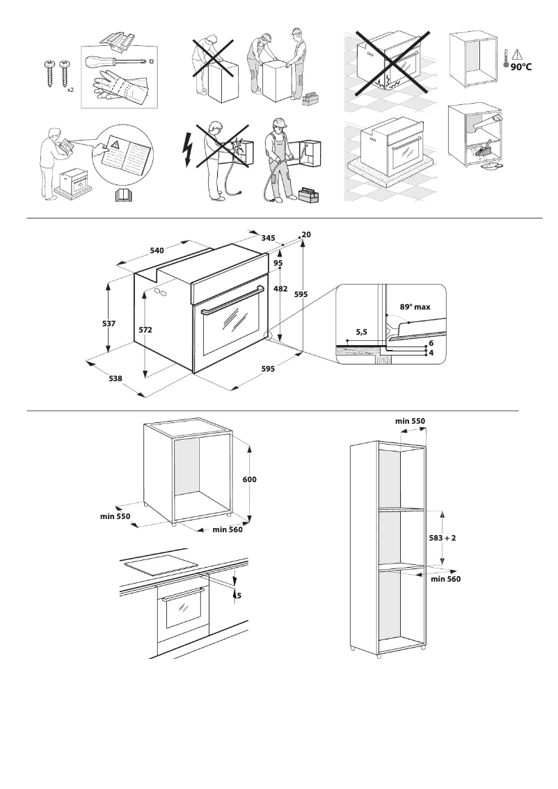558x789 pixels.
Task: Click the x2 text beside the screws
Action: (71, 90)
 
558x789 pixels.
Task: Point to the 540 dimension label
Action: (157, 250)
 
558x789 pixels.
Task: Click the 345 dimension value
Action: (268, 238)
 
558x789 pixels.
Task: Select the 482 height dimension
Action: (280, 288)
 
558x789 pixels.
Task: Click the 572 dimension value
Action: (145, 330)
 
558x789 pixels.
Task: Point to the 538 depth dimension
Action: (115, 378)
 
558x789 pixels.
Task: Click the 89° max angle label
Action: (415, 307)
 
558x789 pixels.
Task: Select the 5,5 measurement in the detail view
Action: (362, 333)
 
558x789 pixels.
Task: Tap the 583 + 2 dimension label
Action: (443, 538)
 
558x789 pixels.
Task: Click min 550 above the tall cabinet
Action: (410, 421)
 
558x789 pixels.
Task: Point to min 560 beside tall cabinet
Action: (445, 578)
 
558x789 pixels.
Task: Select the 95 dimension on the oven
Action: (278, 263)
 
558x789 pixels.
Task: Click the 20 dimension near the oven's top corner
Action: (306, 235)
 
